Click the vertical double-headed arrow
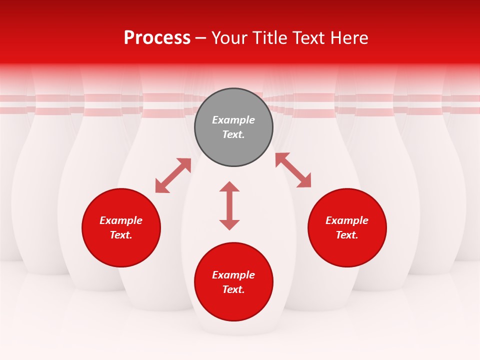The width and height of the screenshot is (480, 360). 229,205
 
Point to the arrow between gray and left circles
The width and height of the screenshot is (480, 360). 173,175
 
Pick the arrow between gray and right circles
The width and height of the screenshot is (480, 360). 293,170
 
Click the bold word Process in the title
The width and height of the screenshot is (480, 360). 157,37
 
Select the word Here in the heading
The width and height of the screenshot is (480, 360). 348,38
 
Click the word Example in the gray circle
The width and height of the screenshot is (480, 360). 233,120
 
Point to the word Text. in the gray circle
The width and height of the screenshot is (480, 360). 233,134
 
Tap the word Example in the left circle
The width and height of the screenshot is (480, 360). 121,220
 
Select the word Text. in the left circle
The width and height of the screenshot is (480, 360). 121,235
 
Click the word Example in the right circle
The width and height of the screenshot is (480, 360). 347,220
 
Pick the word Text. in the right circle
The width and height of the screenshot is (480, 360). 347,235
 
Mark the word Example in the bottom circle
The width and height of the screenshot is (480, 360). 233,275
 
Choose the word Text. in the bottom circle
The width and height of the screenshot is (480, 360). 233,289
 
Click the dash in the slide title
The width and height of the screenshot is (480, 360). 201,38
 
